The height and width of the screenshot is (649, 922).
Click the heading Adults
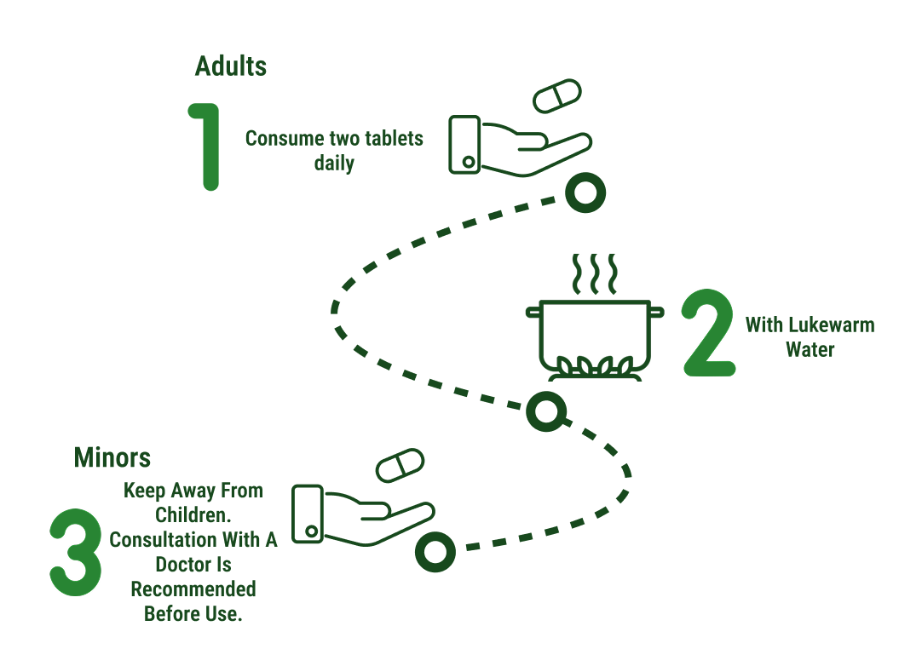tap(230, 66)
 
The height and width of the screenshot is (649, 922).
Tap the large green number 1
tap(207, 146)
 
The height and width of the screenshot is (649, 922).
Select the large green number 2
tap(709, 333)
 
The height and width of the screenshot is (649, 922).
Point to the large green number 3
tap(76, 554)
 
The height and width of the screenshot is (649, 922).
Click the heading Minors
tap(112, 457)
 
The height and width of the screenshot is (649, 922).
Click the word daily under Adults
tap(334, 163)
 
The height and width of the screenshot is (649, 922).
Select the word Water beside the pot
tap(810, 349)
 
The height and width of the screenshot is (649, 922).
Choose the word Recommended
tap(193, 589)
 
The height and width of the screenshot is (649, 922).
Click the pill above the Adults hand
tap(556, 95)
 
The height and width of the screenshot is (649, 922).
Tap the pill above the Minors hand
tap(400, 465)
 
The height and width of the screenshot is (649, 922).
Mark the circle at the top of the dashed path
tap(585, 193)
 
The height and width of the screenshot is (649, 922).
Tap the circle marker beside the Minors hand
tap(435, 551)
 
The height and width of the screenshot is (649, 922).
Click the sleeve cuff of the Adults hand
tap(465, 145)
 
